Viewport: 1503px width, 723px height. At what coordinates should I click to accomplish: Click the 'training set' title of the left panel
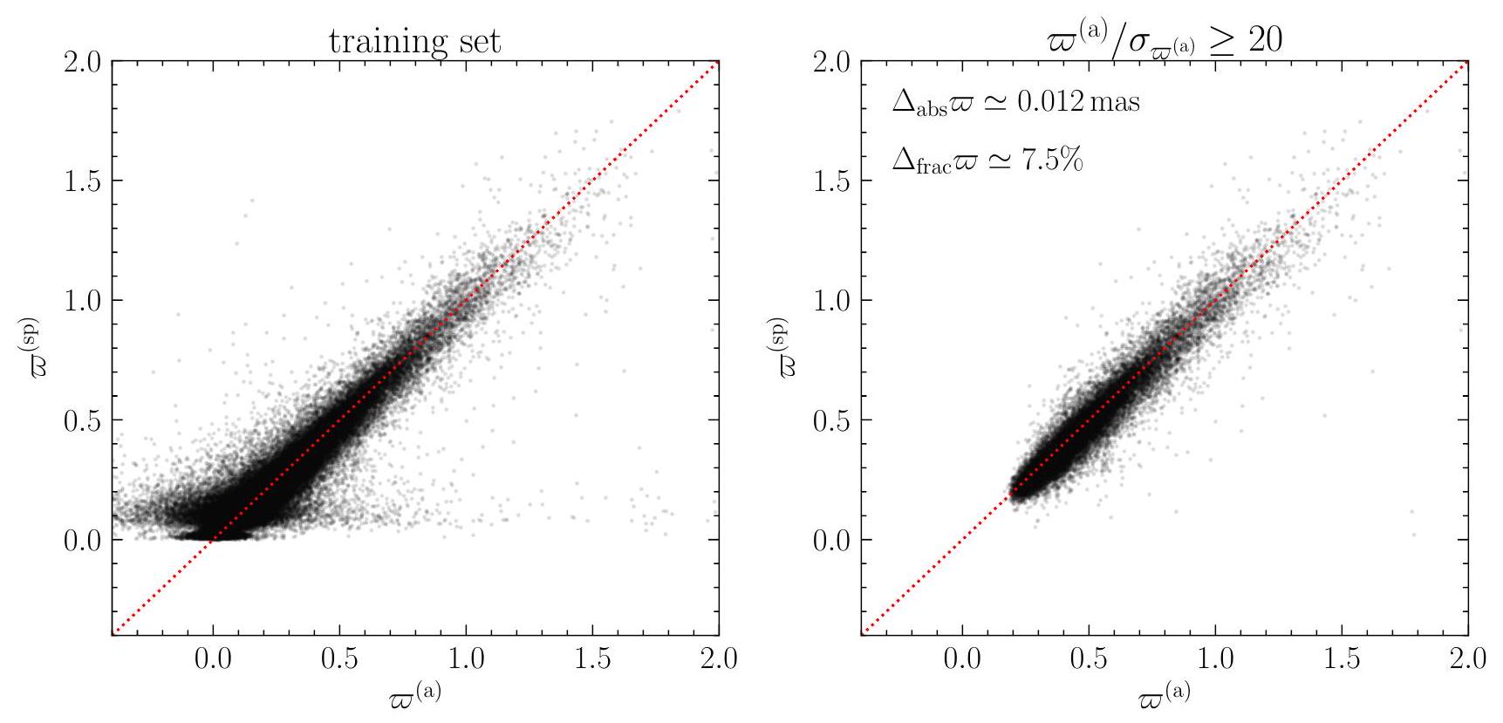(414, 41)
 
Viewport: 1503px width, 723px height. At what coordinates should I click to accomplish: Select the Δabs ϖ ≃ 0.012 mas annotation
(1015, 103)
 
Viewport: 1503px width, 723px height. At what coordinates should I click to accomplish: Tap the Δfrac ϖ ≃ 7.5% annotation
(987, 161)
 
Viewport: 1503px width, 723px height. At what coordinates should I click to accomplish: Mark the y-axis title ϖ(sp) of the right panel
(782, 346)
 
